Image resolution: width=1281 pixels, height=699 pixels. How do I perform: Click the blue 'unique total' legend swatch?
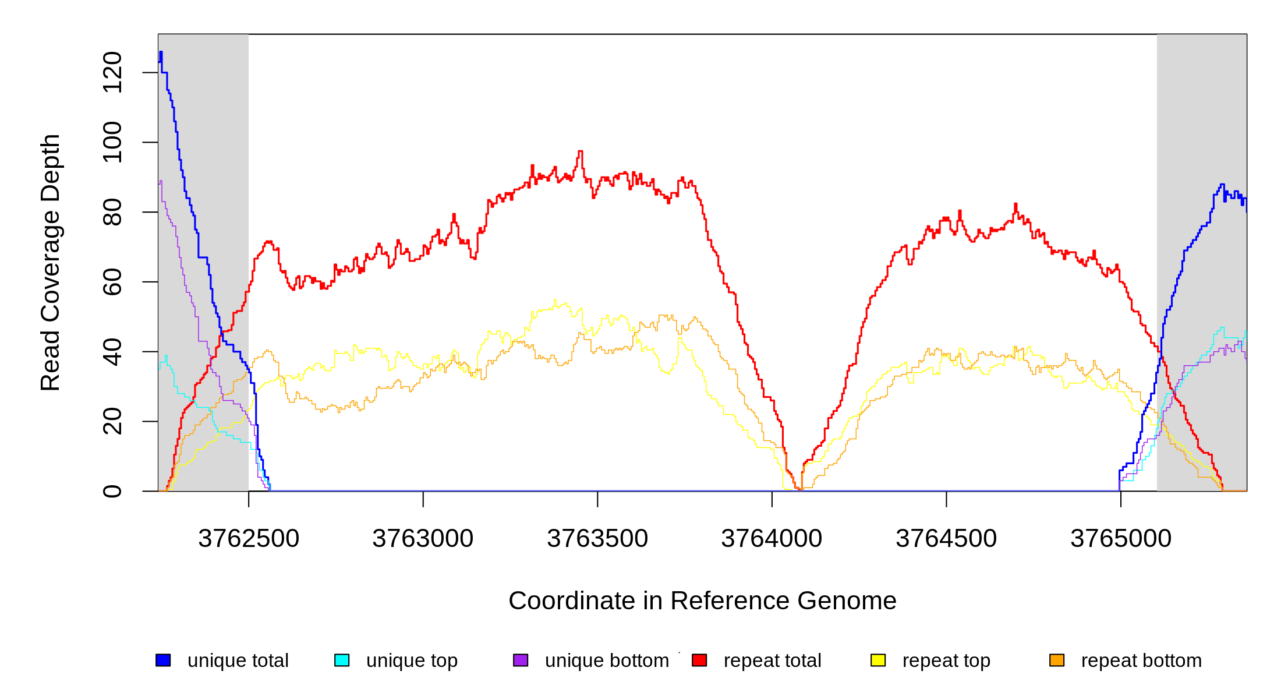[163, 660]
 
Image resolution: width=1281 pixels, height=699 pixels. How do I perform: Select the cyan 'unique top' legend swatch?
[342, 660]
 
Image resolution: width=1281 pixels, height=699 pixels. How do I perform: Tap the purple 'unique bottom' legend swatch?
[521, 660]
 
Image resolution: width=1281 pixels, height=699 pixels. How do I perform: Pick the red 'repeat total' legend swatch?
[699, 660]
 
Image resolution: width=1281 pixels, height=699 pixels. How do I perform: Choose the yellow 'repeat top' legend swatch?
[878, 660]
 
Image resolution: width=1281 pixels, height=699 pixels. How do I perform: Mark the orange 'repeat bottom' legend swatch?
[1057, 660]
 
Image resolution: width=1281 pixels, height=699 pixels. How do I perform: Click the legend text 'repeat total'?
[772, 661]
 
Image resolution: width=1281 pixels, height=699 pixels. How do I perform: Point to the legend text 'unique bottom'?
[607, 661]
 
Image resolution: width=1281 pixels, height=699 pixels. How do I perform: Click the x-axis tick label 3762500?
[249, 538]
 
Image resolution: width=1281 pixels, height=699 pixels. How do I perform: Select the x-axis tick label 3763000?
[423, 538]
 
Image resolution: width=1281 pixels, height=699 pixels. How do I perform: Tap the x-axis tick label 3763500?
[597, 538]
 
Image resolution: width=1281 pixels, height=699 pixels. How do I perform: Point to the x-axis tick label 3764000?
[772, 538]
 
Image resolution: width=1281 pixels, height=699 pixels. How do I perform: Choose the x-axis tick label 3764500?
[946, 538]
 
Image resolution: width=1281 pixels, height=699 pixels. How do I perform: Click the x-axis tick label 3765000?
[1121, 538]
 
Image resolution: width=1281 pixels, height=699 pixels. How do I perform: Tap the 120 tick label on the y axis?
[112, 72]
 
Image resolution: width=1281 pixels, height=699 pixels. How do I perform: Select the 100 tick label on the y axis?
[112, 142]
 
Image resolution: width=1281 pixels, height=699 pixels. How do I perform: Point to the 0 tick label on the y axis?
[112, 491]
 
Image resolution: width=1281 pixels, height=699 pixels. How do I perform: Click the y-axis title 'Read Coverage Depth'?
[51, 262]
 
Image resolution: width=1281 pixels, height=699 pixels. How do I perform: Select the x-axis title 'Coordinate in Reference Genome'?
[702, 601]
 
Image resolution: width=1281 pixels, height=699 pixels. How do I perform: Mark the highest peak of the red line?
[580, 151]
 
